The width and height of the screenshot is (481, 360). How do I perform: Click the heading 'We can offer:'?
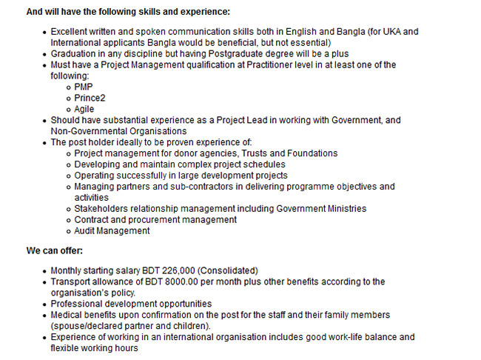(x=55, y=250)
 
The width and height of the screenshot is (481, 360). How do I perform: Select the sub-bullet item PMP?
(x=84, y=87)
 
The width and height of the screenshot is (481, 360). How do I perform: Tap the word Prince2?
(x=90, y=98)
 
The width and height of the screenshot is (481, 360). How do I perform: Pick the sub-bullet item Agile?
(x=85, y=109)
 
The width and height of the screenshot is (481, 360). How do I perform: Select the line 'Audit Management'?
(x=112, y=231)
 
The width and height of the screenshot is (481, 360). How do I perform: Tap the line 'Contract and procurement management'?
(x=155, y=220)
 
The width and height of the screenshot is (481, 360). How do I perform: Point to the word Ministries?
(x=344, y=209)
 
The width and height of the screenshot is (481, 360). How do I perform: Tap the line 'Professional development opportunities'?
(x=131, y=304)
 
